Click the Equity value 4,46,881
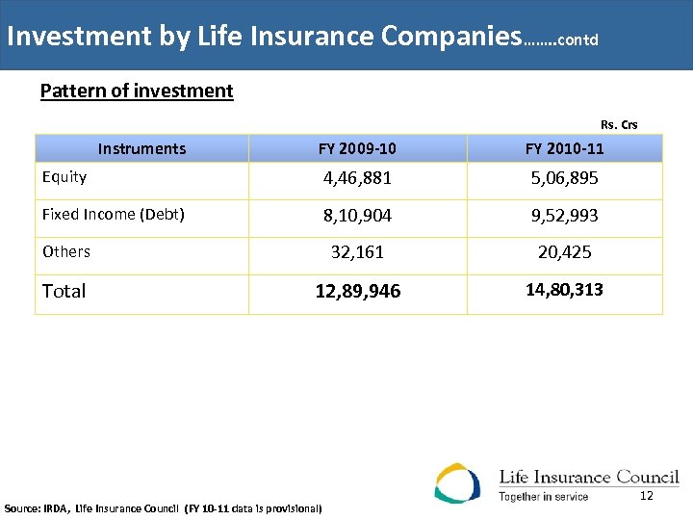point(357,178)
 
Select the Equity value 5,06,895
point(564,178)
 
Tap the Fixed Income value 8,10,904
point(357,216)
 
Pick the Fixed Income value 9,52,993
point(564,216)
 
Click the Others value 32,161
point(357,252)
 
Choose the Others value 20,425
point(564,252)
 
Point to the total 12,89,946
point(357,292)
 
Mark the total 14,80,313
point(564,289)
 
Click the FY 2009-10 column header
point(357,148)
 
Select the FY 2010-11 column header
point(564,148)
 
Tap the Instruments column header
point(141,148)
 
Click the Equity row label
point(64,177)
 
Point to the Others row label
point(66,251)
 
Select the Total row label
point(64,291)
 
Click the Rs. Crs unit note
point(619,124)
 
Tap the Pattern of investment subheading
point(137,91)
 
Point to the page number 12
point(646,495)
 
